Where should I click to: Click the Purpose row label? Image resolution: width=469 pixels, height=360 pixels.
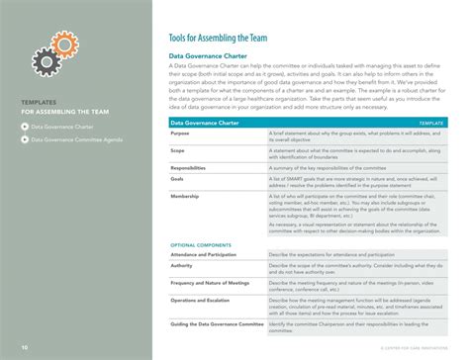(x=180, y=132)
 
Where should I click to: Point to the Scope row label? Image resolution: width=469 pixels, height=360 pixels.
(x=178, y=151)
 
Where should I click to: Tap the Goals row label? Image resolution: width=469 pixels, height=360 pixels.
(x=178, y=179)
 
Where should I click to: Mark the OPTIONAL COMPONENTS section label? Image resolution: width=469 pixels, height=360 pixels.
(x=197, y=244)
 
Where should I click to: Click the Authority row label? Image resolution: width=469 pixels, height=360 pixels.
(x=183, y=264)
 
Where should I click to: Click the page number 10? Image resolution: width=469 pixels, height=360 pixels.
(x=23, y=348)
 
